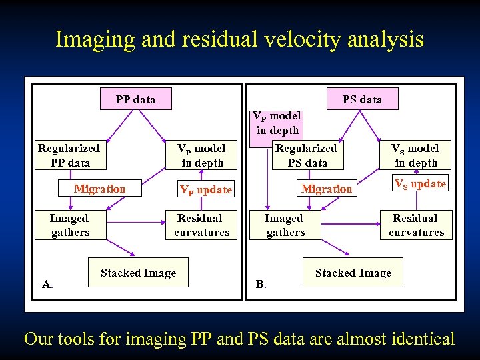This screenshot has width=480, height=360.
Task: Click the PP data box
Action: [x=135, y=99]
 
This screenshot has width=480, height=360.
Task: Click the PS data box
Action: [x=362, y=99]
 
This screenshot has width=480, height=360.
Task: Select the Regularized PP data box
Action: [x=69, y=155]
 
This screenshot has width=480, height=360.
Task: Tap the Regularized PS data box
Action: [x=307, y=155]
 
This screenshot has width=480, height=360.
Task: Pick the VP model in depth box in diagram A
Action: [x=201, y=155]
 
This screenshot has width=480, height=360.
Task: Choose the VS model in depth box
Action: [x=416, y=155]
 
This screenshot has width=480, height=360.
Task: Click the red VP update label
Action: [x=205, y=190]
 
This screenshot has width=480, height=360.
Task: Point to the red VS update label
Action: [x=420, y=183]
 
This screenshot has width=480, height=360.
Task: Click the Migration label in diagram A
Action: [x=99, y=189]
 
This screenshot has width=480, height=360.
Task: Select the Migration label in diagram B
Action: [x=326, y=189]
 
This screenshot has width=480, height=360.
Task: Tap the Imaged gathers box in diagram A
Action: [x=69, y=225]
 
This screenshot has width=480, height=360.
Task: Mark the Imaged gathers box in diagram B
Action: [x=285, y=225]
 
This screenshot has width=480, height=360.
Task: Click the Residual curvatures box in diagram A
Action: [x=201, y=225]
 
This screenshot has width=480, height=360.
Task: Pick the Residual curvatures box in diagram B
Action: [x=416, y=225]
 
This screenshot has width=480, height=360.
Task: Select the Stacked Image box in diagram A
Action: [x=138, y=273]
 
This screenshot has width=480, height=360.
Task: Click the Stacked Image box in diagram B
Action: [x=353, y=273]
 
